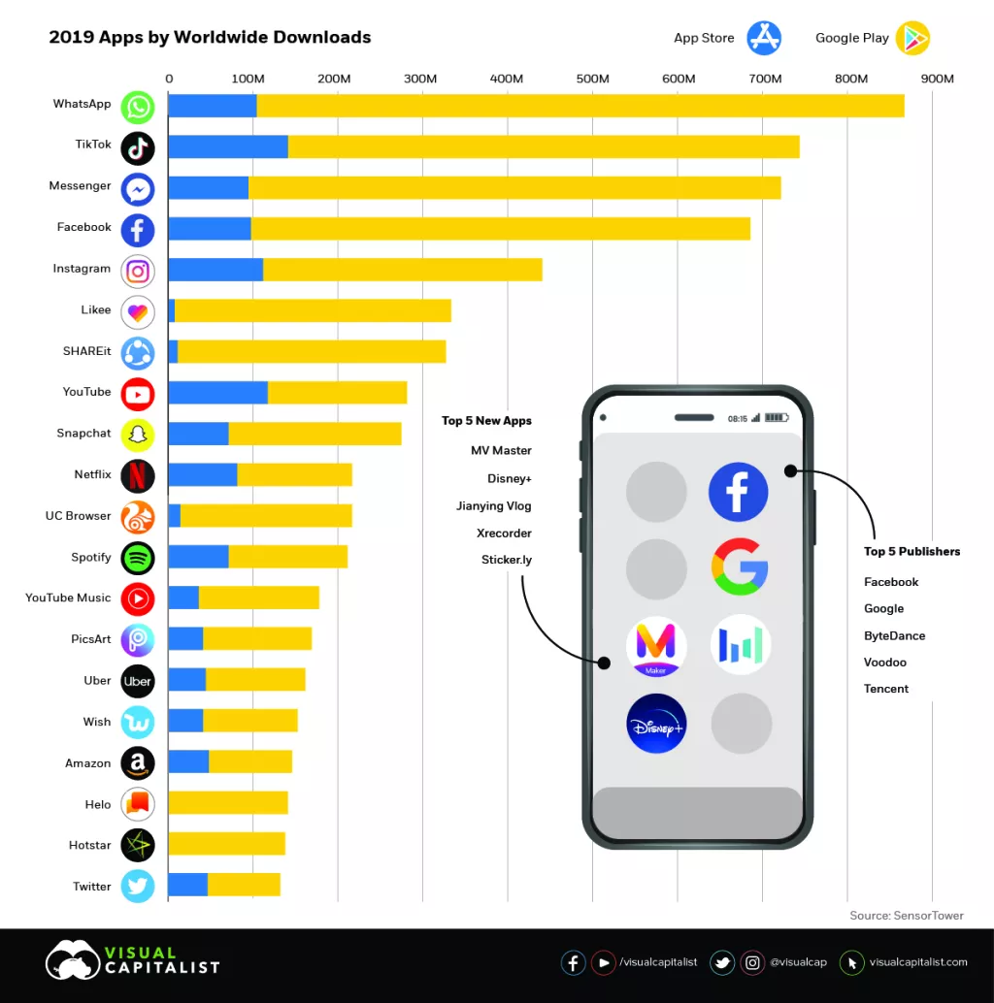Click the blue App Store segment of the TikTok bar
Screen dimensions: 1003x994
(228, 146)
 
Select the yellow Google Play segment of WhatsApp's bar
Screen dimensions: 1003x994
(580, 106)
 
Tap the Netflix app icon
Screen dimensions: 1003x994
(138, 475)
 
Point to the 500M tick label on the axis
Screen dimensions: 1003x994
(593, 79)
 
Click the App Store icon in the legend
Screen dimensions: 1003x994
(764, 38)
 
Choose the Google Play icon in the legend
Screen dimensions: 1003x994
(912, 38)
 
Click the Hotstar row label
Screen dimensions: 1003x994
(90, 846)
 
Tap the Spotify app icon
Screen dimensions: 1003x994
(138, 558)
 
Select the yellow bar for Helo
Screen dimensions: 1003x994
(228, 802)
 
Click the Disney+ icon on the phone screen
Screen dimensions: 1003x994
(656, 724)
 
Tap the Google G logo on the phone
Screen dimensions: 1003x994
(740, 566)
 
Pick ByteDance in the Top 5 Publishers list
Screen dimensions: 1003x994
(894, 636)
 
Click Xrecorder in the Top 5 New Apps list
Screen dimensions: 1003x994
(504, 534)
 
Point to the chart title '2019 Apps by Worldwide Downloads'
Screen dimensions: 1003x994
(210, 38)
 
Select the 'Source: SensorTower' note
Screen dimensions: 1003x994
(907, 916)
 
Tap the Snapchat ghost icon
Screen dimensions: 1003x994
(138, 435)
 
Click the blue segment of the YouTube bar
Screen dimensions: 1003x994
(217, 393)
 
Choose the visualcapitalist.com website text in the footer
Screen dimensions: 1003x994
(918, 962)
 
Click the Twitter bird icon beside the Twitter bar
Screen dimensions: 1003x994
(138, 887)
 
